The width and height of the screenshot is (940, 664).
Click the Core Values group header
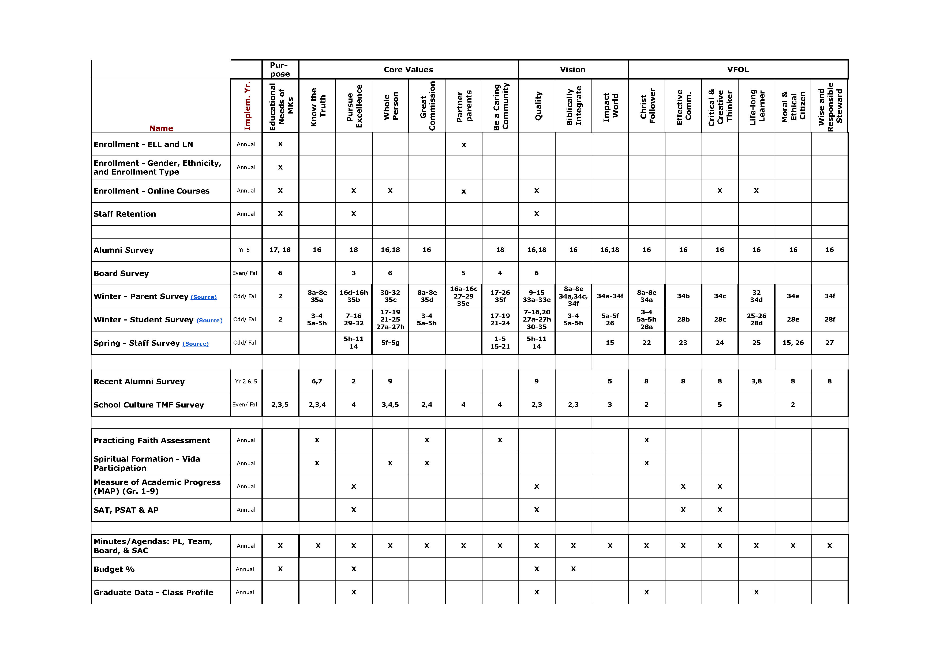pos(408,70)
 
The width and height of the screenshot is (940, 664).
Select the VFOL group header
pos(738,70)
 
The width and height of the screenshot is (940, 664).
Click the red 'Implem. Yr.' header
pos(247,106)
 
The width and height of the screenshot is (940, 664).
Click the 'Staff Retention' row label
pos(125,214)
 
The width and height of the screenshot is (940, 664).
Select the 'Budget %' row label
pos(114,569)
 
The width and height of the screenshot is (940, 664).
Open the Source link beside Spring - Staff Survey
pos(196,344)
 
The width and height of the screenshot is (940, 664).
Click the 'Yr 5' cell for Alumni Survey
pos(244,250)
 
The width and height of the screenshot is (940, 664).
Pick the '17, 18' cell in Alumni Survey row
pos(280,250)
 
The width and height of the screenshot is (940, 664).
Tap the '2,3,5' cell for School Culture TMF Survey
pos(280,405)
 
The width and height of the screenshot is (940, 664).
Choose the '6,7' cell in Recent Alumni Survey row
pos(317,381)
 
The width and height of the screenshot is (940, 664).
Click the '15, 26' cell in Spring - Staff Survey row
pos(793,343)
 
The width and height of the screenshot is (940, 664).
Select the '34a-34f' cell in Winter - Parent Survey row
pos(610,296)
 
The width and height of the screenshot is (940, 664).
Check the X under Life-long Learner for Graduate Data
pos(756,592)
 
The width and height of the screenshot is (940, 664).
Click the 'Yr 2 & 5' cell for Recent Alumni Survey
pos(246,381)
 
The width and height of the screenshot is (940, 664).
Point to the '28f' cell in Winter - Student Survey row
pos(829,319)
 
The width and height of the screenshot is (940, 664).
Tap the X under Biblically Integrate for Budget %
pos(573,569)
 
